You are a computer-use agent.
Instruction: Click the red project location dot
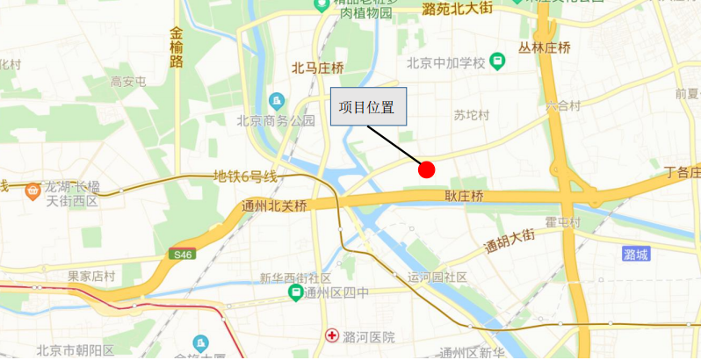coord(427,169)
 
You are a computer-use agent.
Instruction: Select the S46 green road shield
coord(182,255)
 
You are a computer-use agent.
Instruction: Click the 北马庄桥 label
coord(318,68)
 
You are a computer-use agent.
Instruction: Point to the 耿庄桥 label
coord(464,196)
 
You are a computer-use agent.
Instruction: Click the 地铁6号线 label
coord(246,176)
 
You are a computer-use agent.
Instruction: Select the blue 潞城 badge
coord(635,255)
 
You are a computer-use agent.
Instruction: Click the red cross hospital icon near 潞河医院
coord(333,335)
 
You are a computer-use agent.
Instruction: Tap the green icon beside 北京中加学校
coord(498,61)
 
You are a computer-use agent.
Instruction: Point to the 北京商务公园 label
coord(276,120)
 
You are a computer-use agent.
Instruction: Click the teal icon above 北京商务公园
coord(277,101)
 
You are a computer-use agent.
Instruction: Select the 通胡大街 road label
coord(509,241)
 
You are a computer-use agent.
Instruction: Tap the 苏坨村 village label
coord(472,115)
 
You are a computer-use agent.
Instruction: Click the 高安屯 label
coord(128,82)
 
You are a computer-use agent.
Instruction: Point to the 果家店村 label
coord(91,276)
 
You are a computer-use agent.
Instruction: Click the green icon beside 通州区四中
coord(295,292)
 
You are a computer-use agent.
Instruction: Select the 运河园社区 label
coord(437,277)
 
